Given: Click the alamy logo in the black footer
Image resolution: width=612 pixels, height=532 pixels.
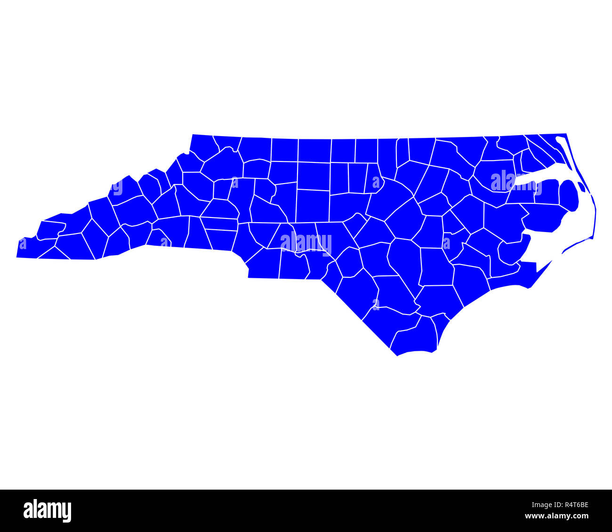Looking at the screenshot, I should pyautogui.click(x=47, y=511).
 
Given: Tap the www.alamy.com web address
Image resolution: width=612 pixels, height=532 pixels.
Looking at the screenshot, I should pyautogui.click(x=556, y=516).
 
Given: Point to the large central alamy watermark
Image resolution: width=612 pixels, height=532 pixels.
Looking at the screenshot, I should pyautogui.click(x=306, y=242).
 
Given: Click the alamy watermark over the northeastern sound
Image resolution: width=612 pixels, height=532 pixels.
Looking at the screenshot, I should pyautogui.click(x=515, y=181).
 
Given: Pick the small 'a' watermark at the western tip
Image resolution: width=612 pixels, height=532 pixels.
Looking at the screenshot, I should pyautogui.click(x=22, y=244).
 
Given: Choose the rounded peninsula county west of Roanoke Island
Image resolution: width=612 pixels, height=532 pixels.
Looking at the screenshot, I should pyautogui.click(x=568, y=195).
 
